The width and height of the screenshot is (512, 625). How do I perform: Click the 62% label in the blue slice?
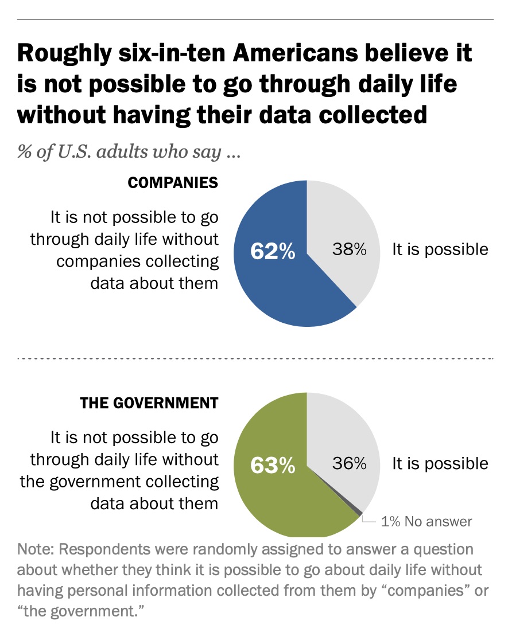(273, 251)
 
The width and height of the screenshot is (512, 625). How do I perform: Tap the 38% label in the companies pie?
(349, 250)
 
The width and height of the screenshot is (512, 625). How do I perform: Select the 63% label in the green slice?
(273, 466)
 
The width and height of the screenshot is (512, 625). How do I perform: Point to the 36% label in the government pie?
(349, 463)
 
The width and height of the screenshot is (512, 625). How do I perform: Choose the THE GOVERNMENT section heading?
(149, 403)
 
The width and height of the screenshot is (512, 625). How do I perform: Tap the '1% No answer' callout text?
(426, 521)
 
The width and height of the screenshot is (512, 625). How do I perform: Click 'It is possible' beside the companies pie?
(440, 249)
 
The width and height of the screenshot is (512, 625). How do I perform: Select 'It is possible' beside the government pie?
(440, 463)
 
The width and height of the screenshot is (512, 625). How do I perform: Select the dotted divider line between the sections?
(255, 358)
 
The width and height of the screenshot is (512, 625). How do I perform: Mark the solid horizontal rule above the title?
(255, 19)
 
